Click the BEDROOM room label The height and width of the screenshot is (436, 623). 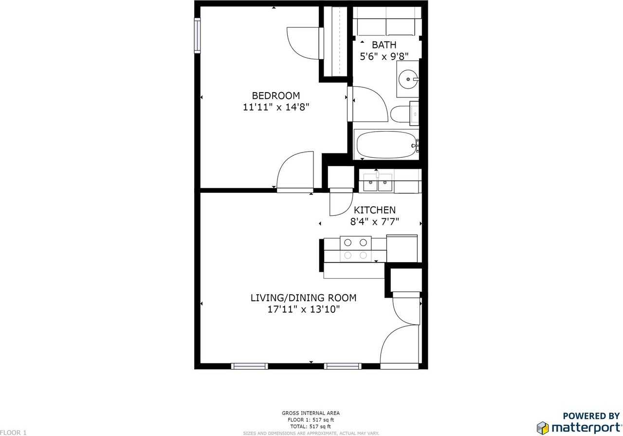[x=275, y=95]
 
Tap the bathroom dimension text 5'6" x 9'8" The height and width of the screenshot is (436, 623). [x=384, y=57]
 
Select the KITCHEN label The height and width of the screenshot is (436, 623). [x=374, y=210]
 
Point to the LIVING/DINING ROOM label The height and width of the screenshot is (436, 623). [x=303, y=298]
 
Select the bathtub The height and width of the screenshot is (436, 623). [x=385, y=145]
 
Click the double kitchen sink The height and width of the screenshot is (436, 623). [x=378, y=184]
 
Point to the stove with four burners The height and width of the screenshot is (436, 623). [x=356, y=248]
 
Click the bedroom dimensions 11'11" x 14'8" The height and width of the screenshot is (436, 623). [x=275, y=107]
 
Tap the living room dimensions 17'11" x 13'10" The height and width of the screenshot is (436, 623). [x=303, y=309]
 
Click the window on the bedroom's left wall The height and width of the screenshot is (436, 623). [x=197, y=35]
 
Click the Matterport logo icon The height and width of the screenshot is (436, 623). [x=543, y=428]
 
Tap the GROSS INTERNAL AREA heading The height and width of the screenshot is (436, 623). [x=311, y=413]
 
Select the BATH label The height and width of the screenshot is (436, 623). [x=384, y=45]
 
